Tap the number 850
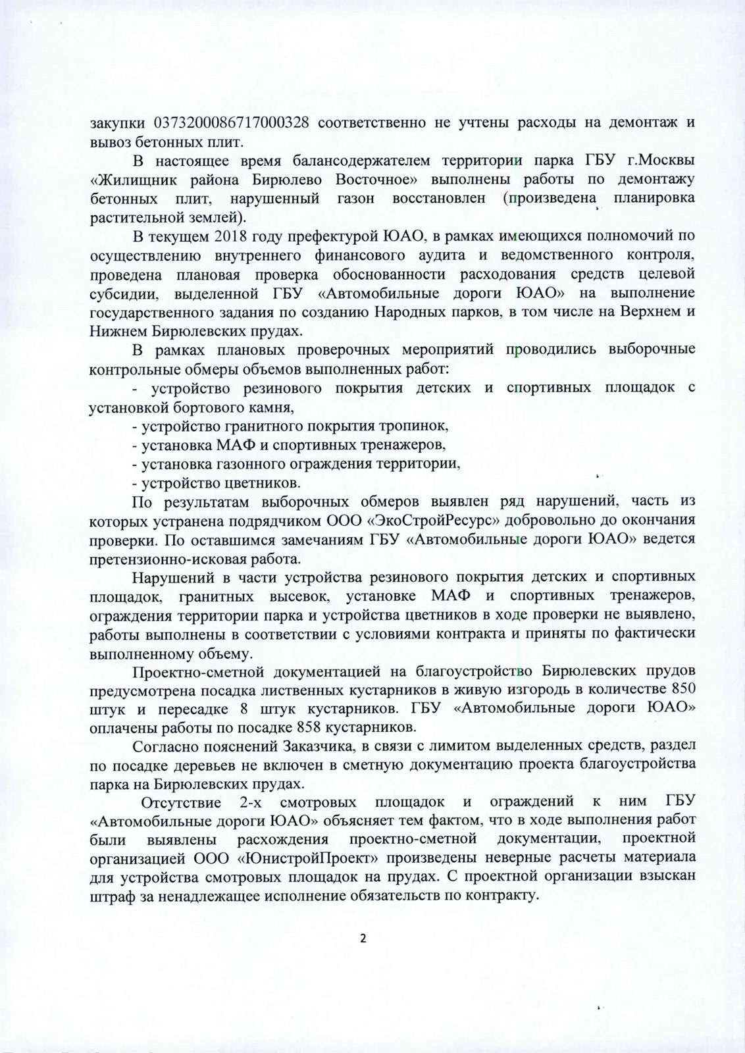click(681, 691)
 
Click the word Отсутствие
click(176, 803)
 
